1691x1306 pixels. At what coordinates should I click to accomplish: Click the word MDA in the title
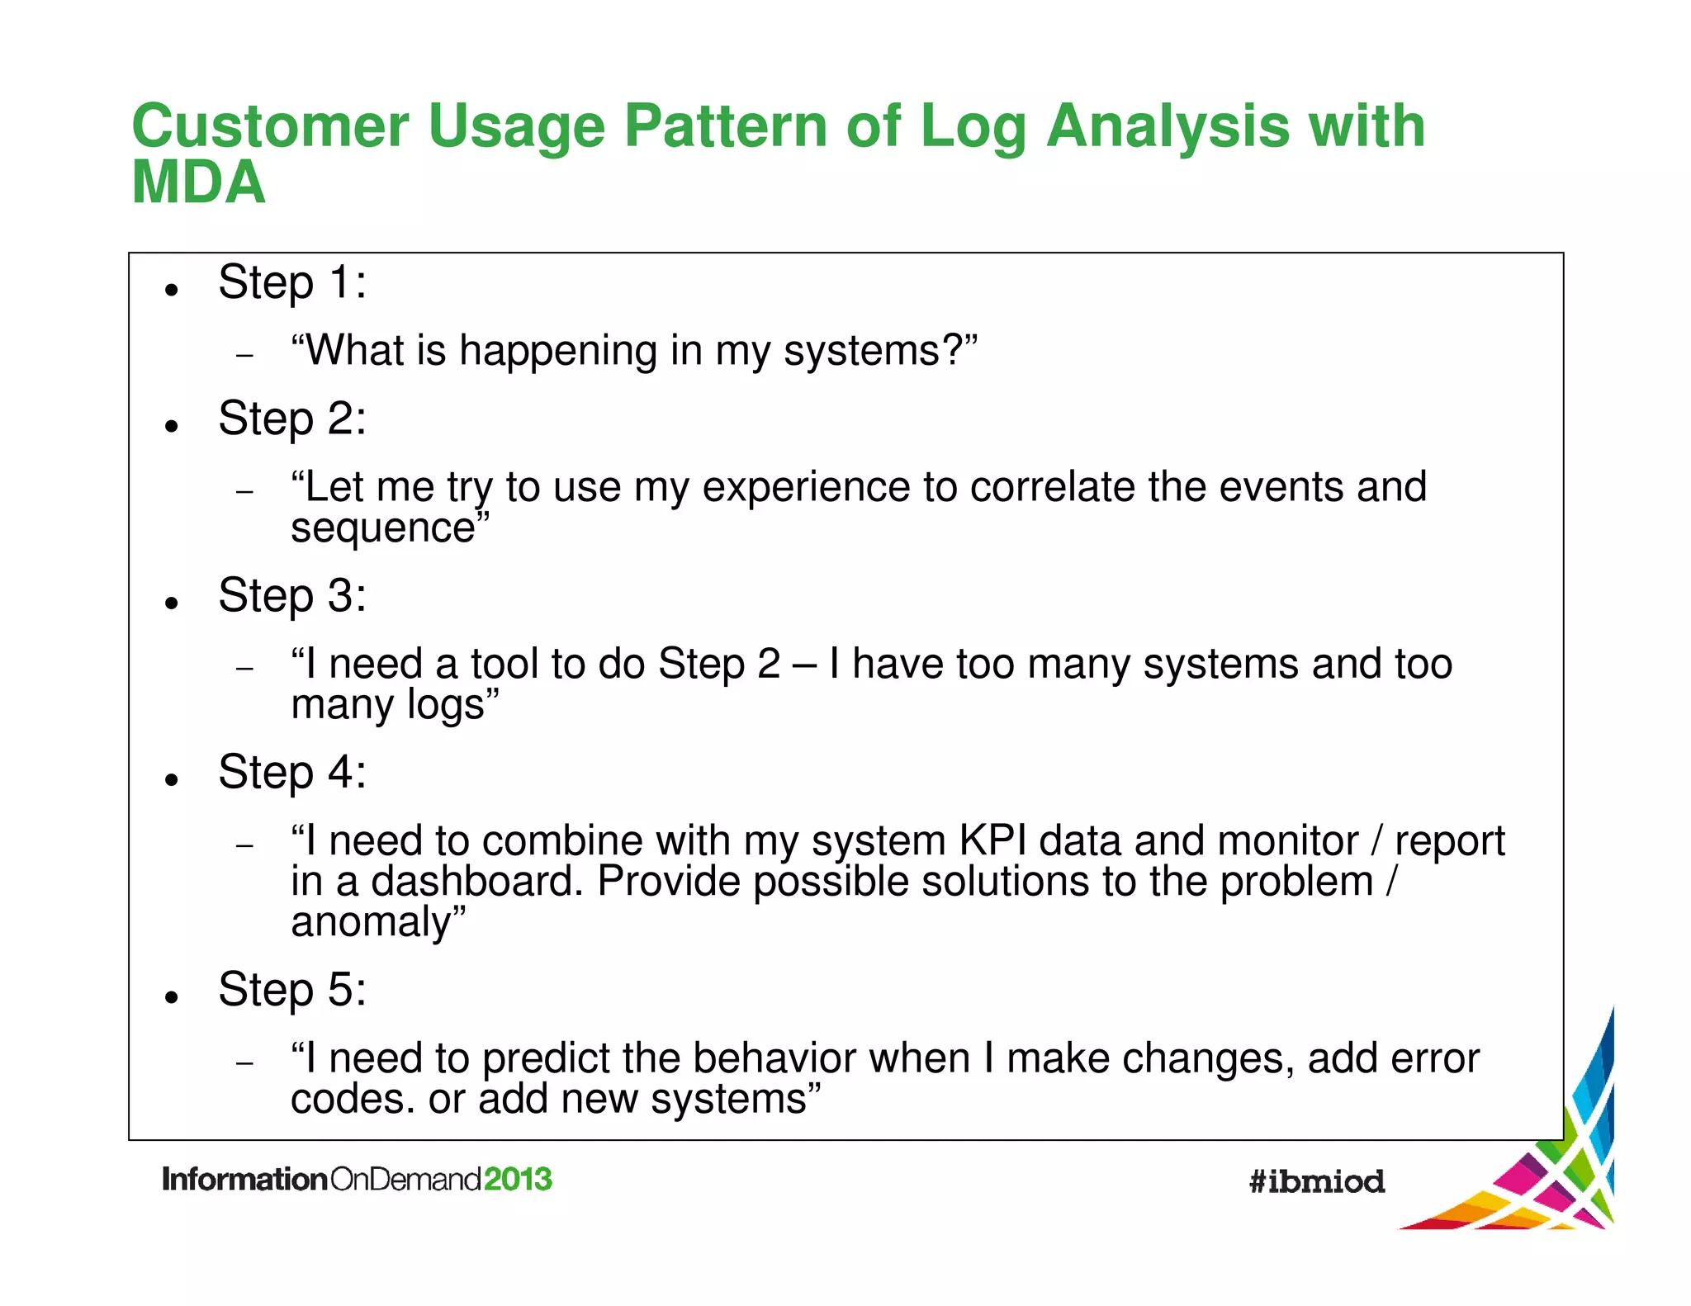pos(198,182)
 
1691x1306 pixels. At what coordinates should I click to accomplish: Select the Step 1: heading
pos(291,283)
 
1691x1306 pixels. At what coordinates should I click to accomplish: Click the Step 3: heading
pos(291,595)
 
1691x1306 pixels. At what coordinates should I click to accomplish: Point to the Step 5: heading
pos(291,989)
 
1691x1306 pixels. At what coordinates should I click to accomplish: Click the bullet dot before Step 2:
pos(172,426)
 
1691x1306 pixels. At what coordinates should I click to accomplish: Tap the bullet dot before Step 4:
pos(172,779)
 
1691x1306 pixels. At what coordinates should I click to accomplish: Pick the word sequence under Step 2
pos(383,528)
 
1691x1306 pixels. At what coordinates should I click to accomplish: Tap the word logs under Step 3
pos(445,705)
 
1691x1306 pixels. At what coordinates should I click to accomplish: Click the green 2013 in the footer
pos(518,1179)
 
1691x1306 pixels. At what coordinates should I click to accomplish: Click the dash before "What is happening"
pos(244,356)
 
